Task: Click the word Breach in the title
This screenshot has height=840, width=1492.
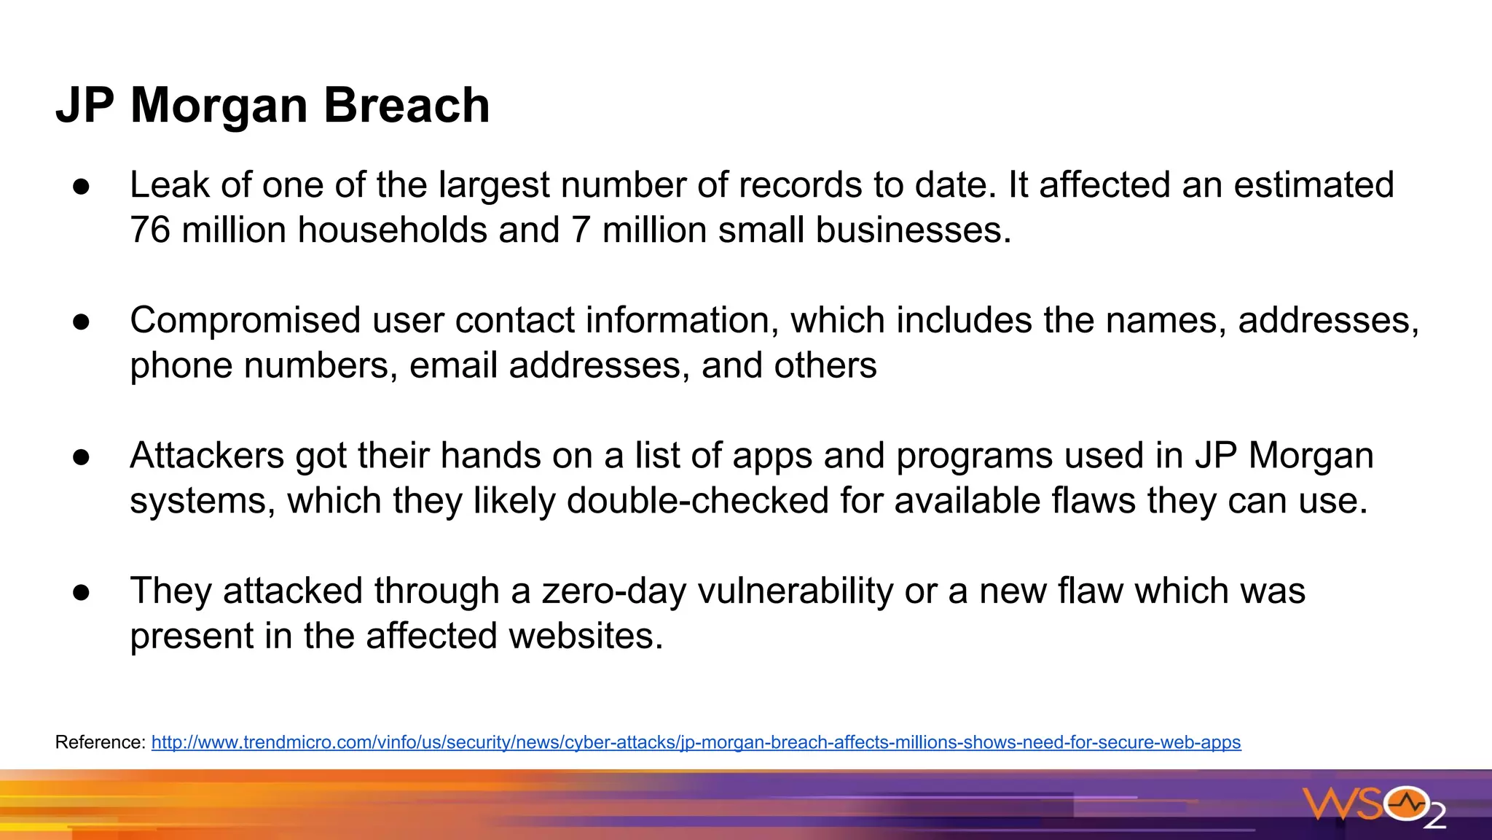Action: click(407, 106)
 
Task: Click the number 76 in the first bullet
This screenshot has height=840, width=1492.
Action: click(149, 230)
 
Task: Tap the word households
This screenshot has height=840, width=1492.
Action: click(392, 230)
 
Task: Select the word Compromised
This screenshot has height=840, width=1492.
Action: click(246, 321)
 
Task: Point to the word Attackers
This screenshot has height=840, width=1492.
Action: click(207, 456)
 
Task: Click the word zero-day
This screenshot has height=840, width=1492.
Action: click(613, 591)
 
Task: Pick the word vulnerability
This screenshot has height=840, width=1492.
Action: click(795, 591)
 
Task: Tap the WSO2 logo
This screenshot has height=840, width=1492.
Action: click(1374, 806)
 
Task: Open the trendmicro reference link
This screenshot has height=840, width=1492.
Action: click(696, 742)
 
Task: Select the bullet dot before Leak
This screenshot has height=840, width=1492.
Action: click(81, 186)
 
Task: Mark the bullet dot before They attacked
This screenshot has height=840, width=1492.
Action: click(81, 592)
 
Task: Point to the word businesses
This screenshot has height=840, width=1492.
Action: click(913, 230)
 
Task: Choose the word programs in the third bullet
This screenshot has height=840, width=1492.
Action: click(974, 456)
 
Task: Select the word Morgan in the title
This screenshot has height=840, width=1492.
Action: click(219, 106)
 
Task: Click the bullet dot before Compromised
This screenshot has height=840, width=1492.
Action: click(81, 322)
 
